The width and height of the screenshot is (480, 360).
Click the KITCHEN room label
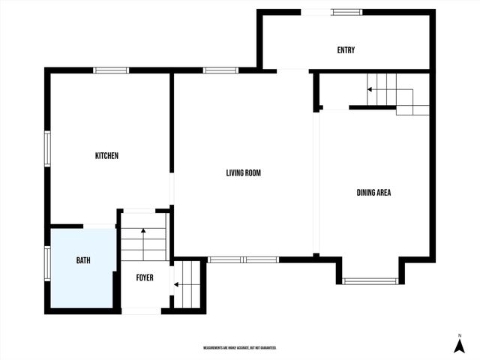[x=106, y=156]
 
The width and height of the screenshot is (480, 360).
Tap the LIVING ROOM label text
[x=243, y=173]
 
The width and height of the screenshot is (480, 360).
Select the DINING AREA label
[x=373, y=193]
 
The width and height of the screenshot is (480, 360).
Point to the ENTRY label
[x=346, y=51]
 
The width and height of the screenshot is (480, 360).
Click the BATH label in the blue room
[x=83, y=262]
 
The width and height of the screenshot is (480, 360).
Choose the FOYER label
[x=145, y=277]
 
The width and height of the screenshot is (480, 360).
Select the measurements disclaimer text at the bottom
[x=240, y=348]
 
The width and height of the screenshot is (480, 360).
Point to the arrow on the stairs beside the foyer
[x=178, y=285]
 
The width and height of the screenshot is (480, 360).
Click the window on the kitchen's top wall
[x=112, y=70]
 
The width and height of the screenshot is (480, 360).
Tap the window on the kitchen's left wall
[x=47, y=148]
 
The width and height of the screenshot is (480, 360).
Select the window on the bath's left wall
[x=47, y=263]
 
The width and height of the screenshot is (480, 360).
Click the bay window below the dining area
[x=370, y=281]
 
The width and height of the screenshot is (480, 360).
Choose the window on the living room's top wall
[x=220, y=70]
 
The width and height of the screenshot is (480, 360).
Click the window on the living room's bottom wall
[x=243, y=259]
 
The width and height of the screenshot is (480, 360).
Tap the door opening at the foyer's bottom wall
[x=141, y=310]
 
